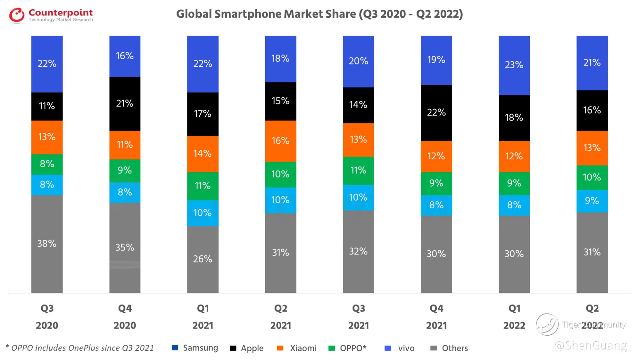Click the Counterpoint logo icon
[x=17, y=15]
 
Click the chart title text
[x=319, y=14]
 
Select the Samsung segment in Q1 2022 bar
[x=514, y=65]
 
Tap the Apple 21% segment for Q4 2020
[x=125, y=104]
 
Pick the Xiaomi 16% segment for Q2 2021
[x=280, y=141]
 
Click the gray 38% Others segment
[x=47, y=244]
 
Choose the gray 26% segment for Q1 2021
[x=203, y=259]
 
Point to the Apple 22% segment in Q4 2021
[x=436, y=113]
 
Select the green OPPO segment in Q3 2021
[x=358, y=170]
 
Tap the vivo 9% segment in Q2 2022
[x=592, y=201]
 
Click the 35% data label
[x=125, y=247]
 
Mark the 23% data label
[x=514, y=65]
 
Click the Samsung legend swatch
[x=175, y=348]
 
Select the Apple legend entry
[x=247, y=348]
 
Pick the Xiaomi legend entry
[x=297, y=348]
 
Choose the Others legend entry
[x=449, y=348]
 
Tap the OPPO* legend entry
[x=348, y=348]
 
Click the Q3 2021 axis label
[x=358, y=317]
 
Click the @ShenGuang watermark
[x=590, y=346]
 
